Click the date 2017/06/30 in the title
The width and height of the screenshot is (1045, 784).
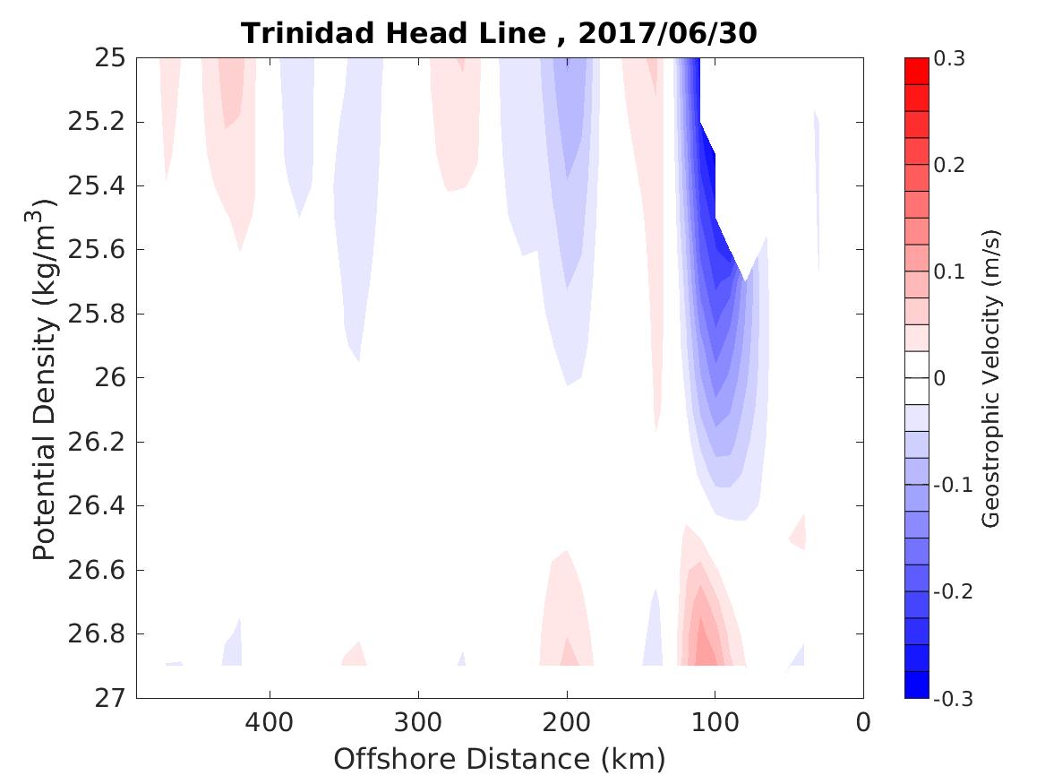[x=668, y=34]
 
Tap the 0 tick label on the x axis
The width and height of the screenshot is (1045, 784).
[x=863, y=723]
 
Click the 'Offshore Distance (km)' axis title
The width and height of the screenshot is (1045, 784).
[x=500, y=760]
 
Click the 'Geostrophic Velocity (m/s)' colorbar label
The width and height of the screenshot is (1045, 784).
[x=990, y=378]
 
